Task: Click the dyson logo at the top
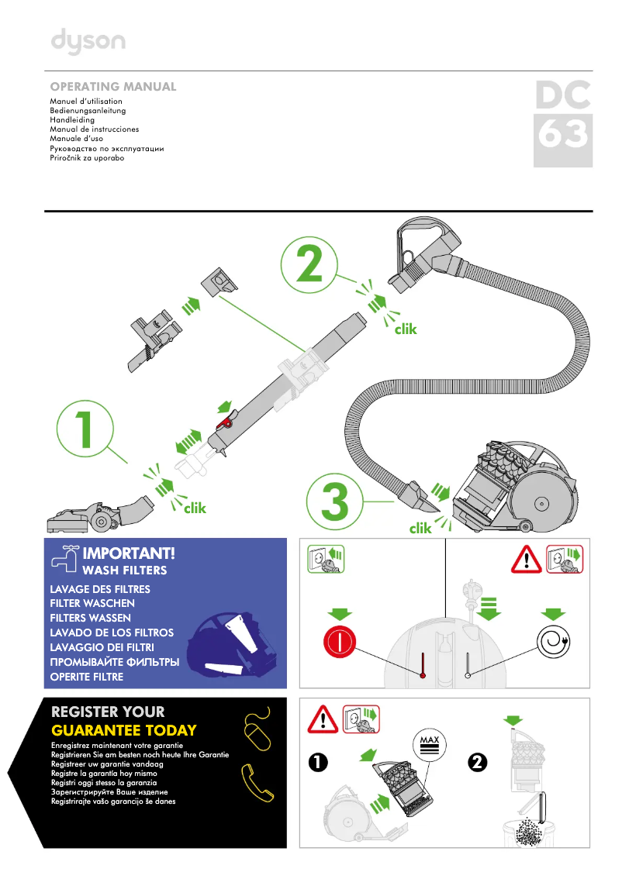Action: click(88, 41)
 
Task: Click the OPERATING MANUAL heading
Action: click(113, 87)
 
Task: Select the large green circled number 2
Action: click(309, 265)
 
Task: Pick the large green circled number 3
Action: click(334, 502)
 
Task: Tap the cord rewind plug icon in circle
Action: click(552, 643)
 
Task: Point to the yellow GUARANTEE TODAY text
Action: click(123, 730)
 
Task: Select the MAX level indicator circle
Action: click(429, 745)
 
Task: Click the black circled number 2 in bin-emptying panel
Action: click(478, 763)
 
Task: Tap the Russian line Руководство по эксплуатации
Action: click(106, 148)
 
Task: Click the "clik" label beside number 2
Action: click(405, 329)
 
